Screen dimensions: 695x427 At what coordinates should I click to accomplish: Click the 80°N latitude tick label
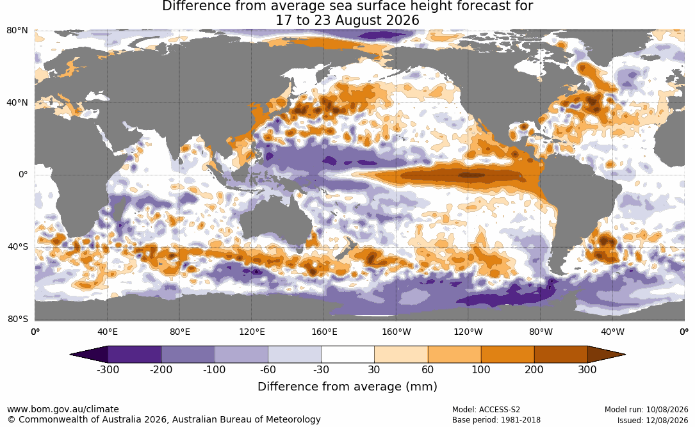[17, 31]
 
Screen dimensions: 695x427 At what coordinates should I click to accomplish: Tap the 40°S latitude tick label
[18, 246]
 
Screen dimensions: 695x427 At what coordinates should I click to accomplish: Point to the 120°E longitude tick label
[252, 332]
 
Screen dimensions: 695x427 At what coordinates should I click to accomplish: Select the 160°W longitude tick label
[397, 332]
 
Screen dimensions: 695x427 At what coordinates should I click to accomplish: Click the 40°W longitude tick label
[613, 332]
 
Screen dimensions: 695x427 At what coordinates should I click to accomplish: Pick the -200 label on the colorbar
[161, 369]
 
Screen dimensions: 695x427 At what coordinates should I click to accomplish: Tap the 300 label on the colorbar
[587, 369]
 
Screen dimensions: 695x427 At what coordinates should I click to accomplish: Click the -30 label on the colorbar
[321, 369]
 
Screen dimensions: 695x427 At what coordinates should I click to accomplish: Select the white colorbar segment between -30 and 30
[348, 355]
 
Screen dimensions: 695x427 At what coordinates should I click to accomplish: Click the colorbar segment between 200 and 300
[560, 355]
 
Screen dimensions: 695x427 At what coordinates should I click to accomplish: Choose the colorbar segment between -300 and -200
[135, 355]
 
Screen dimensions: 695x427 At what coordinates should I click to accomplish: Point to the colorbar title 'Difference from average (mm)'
[347, 386]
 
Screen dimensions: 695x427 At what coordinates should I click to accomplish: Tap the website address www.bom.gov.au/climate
[63, 409]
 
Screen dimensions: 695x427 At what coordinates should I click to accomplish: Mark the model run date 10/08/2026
[668, 410]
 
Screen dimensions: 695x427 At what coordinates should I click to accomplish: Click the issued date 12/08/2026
[668, 420]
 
